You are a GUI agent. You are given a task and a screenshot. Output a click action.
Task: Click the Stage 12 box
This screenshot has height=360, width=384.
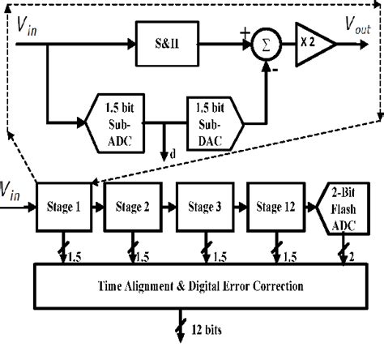[275, 206]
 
